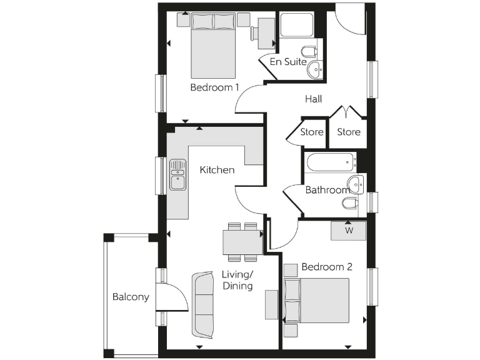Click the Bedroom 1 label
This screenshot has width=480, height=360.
(214, 87)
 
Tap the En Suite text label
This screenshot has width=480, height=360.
(288, 62)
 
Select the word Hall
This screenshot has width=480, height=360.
(314, 99)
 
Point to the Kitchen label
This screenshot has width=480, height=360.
(217, 169)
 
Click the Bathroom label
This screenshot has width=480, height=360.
(327, 190)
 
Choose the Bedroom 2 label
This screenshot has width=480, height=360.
(327, 267)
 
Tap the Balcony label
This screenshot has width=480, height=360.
(131, 297)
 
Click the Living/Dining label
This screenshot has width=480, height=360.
(237, 280)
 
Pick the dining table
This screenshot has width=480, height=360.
(242, 242)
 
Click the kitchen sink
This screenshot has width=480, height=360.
(177, 174)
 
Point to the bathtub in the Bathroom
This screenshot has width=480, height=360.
(331, 164)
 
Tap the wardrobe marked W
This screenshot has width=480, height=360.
(348, 230)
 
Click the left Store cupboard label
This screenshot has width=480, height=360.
(312, 132)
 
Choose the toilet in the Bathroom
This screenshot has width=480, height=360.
(351, 204)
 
